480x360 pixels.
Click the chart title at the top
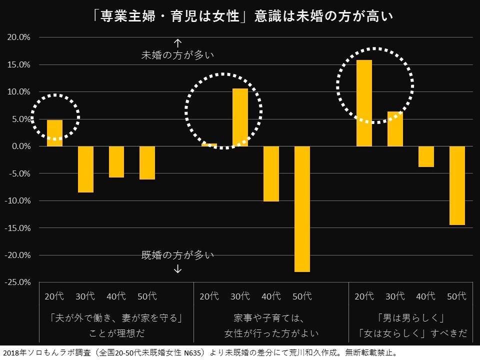pyautogui.click(x=240, y=17)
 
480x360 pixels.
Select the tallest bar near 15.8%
pyautogui.click(x=364, y=103)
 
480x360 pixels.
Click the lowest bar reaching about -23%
pyautogui.click(x=302, y=209)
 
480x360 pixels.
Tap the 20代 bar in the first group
pyautogui.click(x=54, y=133)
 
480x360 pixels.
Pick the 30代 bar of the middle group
pyautogui.click(x=240, y=117)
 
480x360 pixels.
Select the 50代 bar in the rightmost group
pyautogui.click(x=457, y=185)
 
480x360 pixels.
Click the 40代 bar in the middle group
pyautogui.click(x=271, y=173)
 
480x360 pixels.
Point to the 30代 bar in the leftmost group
pyautogui.click(x=85, y=169)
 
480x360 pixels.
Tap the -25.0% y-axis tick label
pyautogui.click(x=18, y=282)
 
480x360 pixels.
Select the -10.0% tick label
pyautogui.click(x=18, y=200)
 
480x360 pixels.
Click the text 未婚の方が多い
pyautogui.click(x=177, y=55)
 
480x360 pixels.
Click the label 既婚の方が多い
pyautogui.click(x=177, y=255)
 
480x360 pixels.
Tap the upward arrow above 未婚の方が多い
pyautogui.click(x=177, y=43)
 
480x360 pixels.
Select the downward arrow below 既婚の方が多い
pyautogui.click(x=177, y=269)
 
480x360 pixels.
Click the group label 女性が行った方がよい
pyautogui.click(x=271, y=333)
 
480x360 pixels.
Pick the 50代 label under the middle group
pyautogui.click(x=302, y=296)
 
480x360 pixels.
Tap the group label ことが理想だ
pyautogui.click(x=115, y=333)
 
